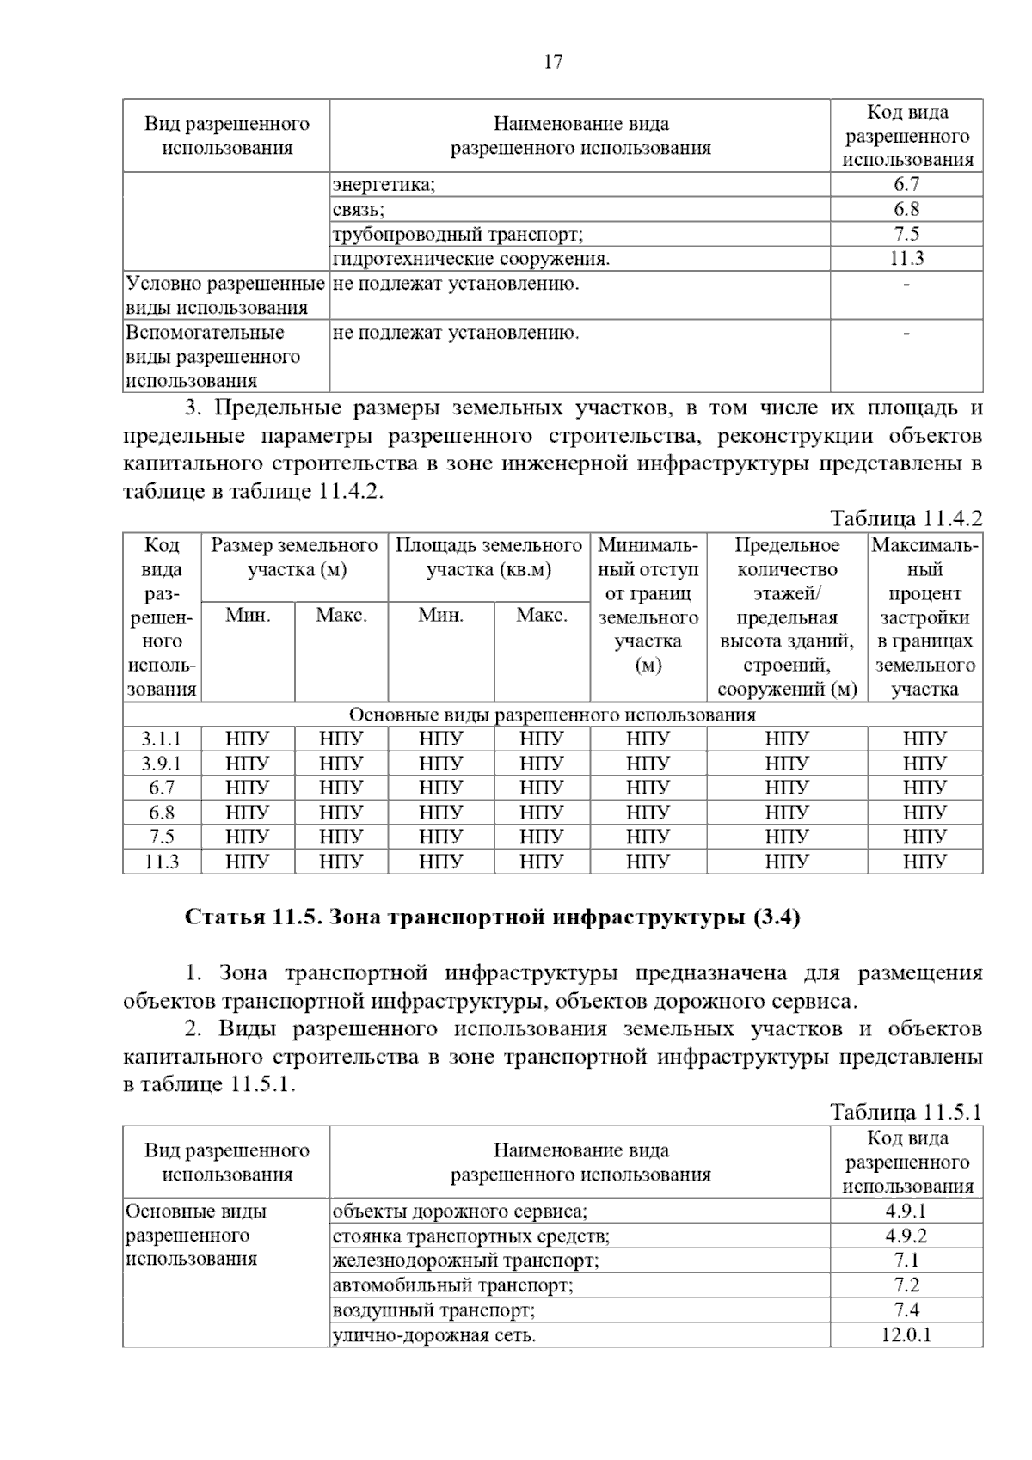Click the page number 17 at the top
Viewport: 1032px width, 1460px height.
coord(553,62)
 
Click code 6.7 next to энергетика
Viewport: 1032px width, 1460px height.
coord(906,184)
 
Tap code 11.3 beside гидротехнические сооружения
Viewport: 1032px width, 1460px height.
coord(906,259)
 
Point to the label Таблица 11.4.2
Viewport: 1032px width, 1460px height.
coord(906,518)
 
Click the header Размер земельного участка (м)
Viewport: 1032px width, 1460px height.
coord(294,557)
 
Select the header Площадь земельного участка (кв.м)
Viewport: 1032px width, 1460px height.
coord(488,557)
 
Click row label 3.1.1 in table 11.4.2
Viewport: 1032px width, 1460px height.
coord(162,739)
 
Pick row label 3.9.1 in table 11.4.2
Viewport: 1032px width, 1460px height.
coord(162,764)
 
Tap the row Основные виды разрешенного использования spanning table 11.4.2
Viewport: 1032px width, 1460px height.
coord(552,715)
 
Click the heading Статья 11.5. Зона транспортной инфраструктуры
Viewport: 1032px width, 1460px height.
coord(492,917)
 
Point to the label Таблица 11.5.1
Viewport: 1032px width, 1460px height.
coord(906,1112)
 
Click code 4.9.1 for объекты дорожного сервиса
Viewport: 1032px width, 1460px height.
coord(906,1211)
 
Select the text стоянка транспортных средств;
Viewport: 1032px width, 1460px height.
coord(471,1236)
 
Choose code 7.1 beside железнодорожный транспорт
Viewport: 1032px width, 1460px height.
coord(906,1261)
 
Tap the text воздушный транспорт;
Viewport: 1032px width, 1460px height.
coord(433,1310)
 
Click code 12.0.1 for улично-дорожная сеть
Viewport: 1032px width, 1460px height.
coord(906,1335)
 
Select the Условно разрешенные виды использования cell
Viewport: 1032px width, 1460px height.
coord(225,295)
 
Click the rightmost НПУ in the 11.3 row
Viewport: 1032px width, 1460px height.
coord(924,862)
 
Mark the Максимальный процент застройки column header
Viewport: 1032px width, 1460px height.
coord(924,617)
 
